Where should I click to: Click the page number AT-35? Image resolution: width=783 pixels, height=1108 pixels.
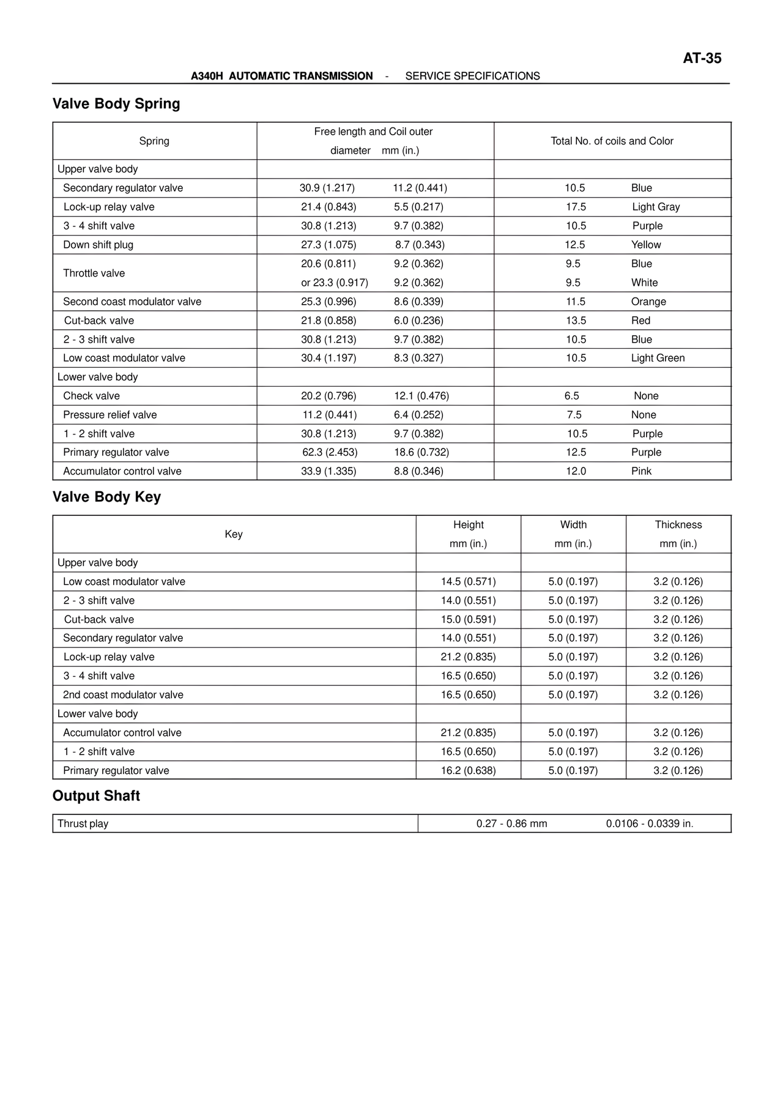pyautogui.click(x=702, y=58)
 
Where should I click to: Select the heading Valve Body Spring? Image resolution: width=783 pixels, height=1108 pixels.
pyautogui.click(x=116, y=104)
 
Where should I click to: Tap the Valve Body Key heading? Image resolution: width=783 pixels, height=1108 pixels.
pyautogui.click(x=106, y=497)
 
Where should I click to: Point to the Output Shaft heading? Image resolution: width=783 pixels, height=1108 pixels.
pyautogui.click(x=96, y=796)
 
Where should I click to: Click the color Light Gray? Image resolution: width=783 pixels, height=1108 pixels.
pyautogui.click(x=656, y=207)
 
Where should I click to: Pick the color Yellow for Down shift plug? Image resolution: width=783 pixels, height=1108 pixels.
pyautogui.click(x=646, y=245)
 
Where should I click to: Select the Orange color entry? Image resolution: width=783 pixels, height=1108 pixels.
pyautogui.click(x=648, y=302)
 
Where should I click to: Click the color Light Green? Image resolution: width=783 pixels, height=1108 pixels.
pyautogui.click(x=658, y=358)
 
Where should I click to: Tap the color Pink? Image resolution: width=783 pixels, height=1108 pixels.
pyautogui.click(x=641, y=471)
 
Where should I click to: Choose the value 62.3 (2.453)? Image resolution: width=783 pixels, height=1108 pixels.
pyautogui.click(x=330, y=452)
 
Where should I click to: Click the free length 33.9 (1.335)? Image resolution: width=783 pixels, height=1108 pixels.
pyautogui.click(x=328, y=471)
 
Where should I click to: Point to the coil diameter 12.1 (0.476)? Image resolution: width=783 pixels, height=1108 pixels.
pyautogui.click(x=421, y=396)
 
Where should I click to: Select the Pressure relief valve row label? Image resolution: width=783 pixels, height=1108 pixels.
pyautogui.click(x=110, y=415)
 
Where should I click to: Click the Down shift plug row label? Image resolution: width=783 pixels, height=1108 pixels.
pyautogui.click(x=98, y=245)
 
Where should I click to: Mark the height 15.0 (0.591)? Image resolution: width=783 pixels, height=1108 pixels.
pyautogui.click(x=469, y=619)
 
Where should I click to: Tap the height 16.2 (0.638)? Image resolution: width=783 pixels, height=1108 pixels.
pyautogui.click(x=469, y=770)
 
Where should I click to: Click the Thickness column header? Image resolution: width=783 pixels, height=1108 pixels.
pyautogui.click(x=678, y=525)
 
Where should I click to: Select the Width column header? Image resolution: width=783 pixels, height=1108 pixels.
pyautogui.click(x=573, y=525)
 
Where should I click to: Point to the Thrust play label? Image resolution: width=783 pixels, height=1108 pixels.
pyautogui.click(x=83, y=824)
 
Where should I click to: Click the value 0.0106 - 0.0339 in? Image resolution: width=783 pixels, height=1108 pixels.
pyautogui.click(x=650, y=824)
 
